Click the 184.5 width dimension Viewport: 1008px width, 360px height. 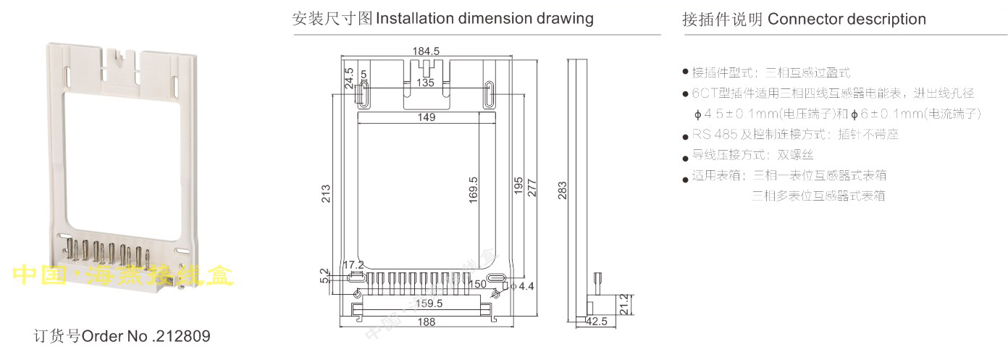coord(426,51)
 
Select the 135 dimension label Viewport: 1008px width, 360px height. coord(426,83)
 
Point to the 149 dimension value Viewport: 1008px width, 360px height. coord(426,118)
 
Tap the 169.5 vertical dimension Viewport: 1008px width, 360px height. coord(473,191)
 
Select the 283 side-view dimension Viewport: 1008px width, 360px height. coord(562,191)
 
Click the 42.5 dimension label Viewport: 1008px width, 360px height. coord(597,322)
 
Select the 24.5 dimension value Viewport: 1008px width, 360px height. coord(348,78)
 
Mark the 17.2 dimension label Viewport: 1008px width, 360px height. coord(353,264)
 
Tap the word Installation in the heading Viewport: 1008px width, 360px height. coord(416,19)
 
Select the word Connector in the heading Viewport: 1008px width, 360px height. coord(802,20)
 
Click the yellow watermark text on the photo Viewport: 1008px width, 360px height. coord(123,276)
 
